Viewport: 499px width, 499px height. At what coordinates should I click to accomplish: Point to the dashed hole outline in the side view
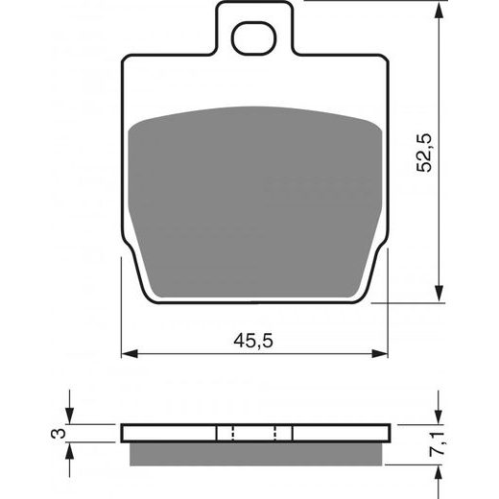pyautogui.click(x=254, y=431)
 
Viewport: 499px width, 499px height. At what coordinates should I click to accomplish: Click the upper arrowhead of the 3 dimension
pyautogui.click(x=71, y=418)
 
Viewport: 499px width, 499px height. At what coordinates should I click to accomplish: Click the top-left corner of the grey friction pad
pyautogui.click(x=133, y=126)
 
